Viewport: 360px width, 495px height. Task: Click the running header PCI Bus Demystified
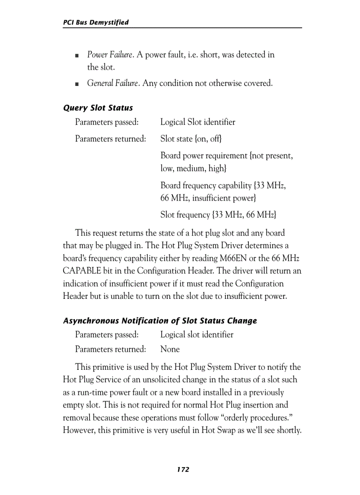point(96,22)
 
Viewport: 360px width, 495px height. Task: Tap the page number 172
point(183,470)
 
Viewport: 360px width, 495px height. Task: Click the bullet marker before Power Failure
point(77,56)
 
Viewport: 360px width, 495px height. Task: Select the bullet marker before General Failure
point(77,84)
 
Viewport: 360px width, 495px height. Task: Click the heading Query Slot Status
point(98,108)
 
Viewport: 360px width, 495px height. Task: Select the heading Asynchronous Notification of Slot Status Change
point(160,320)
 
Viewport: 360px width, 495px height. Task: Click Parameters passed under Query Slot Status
point(107,122)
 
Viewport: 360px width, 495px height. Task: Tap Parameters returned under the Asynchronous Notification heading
point(110,349)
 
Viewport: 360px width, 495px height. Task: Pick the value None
point(170,349)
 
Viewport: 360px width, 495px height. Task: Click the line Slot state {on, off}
point(191,139)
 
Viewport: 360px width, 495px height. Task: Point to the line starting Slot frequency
point(218,215)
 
